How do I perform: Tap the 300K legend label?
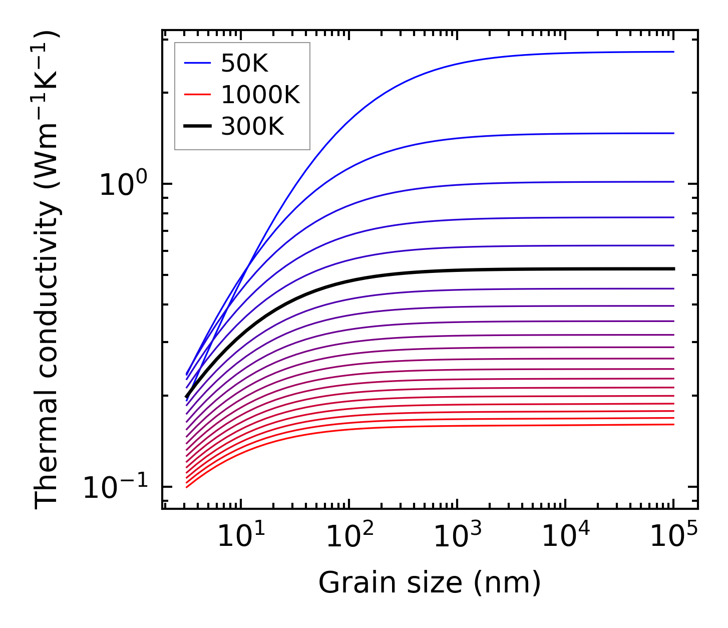pos(252,127)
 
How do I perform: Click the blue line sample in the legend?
pos(198,63)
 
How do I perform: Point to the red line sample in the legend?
pos(198,95)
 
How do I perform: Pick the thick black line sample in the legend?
pos(198,127)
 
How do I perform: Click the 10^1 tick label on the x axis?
pos(241,538)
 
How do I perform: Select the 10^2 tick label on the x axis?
pos(349,538)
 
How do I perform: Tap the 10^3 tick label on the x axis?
pos(457,538)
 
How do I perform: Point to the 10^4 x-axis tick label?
pos(566,538)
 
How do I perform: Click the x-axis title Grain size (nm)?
pos(430,583)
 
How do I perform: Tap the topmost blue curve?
pos(451,65)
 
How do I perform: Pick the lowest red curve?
pos(451,426)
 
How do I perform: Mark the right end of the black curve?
pos(673,269)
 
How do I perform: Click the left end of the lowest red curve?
pos(187,487)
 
